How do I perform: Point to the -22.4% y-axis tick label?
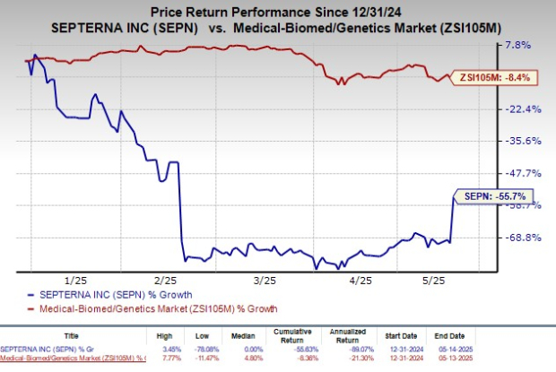tap(526, 109)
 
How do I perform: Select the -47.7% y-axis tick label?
tap(526, 173)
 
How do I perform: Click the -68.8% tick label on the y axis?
tap(526, 238)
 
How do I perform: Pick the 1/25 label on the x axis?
tap(74, 280)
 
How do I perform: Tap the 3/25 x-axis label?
tap(264, 280)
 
